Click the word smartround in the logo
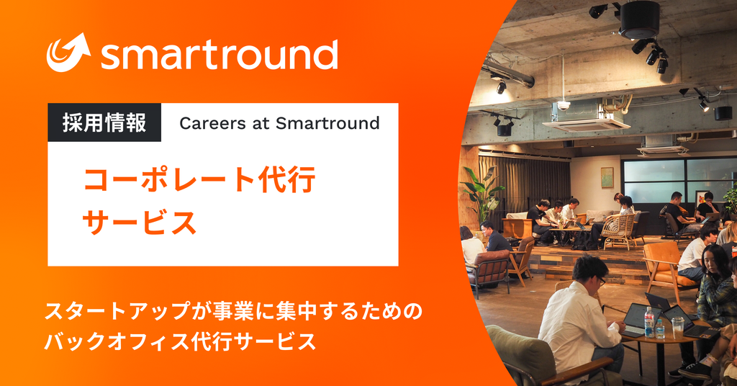pyautogui.click(x=219, y=54)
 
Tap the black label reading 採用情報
pyautogui.click(x=104, y=122)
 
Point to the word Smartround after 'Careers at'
pyautogui.click(x=330, y=123)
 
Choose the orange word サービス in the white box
pyautogui.click(x=140, y=223)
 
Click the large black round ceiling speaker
pyautogui.click(x=639, y=19)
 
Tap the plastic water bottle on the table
pyautogui.click(x=649, y=322)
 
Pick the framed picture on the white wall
pyautogui.click(x=607, y=176)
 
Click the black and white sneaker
pyautogui.click(x=695, y=370)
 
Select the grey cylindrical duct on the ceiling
pyautogui.click(x=504, y=72)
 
